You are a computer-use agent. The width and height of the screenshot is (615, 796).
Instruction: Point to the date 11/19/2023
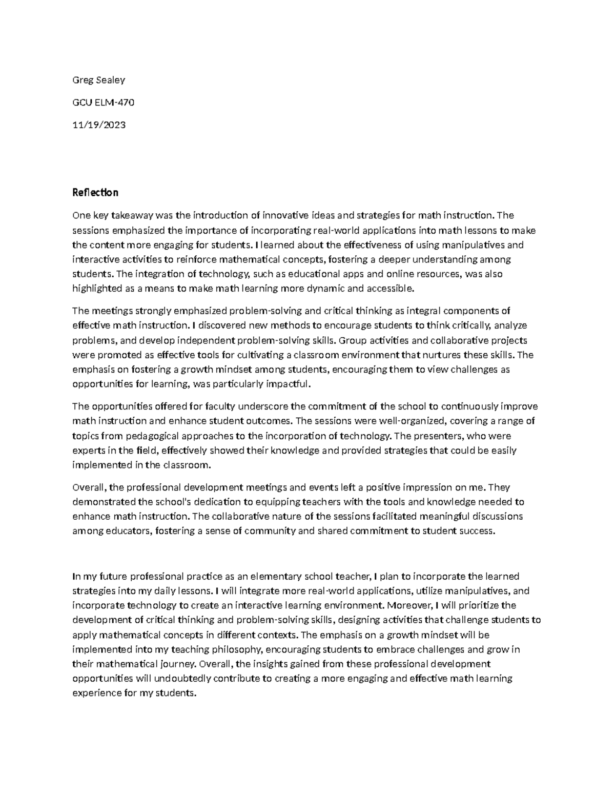(x=99, y=125)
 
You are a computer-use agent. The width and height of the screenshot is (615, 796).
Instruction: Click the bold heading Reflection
(x=95, y=193)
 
